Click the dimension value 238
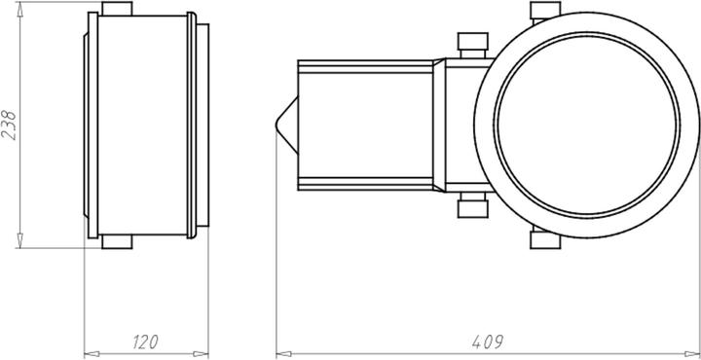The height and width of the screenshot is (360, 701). (10, 124)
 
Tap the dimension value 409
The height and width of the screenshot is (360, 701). (488, 342)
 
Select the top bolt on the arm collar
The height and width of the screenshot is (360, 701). (472, 45)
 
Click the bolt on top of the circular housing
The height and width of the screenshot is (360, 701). (543, 11)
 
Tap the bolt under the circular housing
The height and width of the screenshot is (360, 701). (543, 238)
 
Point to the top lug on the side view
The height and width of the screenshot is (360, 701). (117, 9)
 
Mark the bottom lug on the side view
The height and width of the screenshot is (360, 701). (117, 239)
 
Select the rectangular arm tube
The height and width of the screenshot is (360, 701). (365, 125)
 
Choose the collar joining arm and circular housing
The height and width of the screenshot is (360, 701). (458, 125)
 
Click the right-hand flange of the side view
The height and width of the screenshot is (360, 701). (203, 125)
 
